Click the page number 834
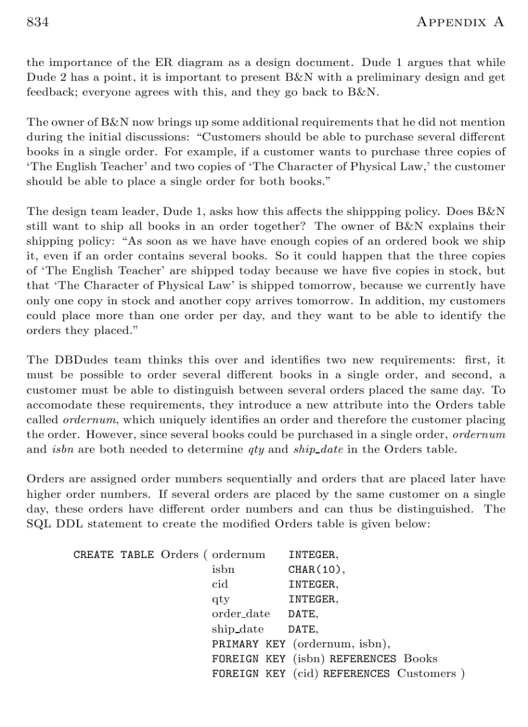click(38, 22)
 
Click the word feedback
click(49, 92)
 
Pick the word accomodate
click(56, 404)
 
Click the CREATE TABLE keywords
click(113, 555)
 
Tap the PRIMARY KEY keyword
click(248, 644)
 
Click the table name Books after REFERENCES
click(421, 659)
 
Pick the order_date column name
click(241, 614)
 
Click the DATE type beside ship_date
click(303, 629)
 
